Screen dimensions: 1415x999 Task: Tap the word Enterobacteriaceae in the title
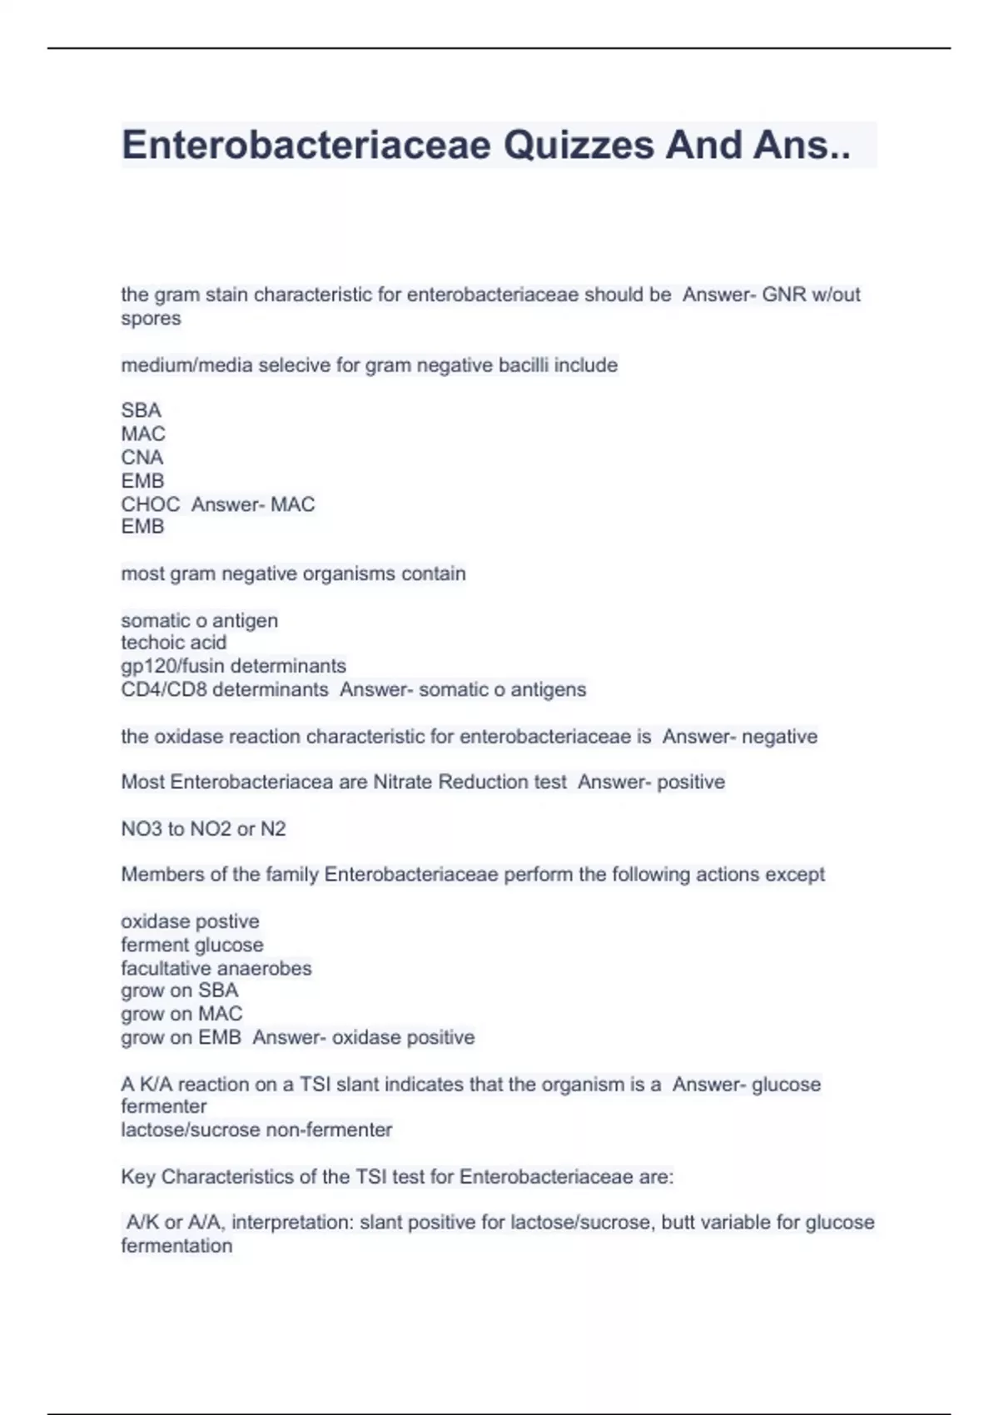(306, 146)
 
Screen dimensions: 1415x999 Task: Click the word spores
(151, 319)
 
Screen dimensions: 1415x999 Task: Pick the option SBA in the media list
(141, 410)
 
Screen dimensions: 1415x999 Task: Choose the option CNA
(142, 457)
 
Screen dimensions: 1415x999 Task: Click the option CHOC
(151, 504)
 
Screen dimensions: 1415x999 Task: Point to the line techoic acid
(173, 643)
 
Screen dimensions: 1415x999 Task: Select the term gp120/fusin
(175, 666)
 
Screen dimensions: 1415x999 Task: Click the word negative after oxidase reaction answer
(779, 737)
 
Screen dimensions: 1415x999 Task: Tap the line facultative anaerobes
(216, 968)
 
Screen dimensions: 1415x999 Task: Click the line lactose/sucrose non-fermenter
(256, 1130)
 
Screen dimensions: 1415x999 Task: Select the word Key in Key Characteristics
(138, 1177)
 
